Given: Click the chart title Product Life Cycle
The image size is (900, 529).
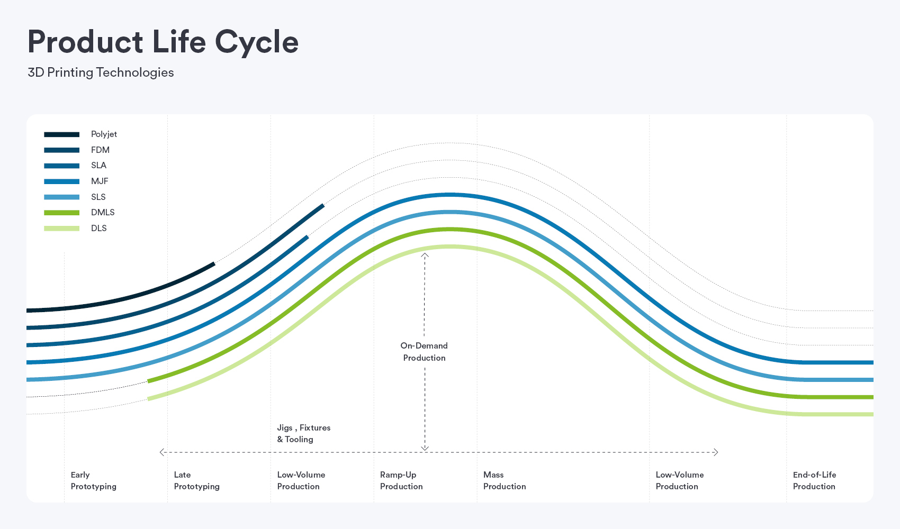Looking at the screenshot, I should (163, 42).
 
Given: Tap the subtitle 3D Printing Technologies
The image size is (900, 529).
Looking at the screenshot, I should (101, 72).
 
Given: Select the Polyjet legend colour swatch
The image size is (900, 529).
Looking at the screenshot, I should (61, 134).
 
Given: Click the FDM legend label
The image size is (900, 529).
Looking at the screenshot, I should (100, 150).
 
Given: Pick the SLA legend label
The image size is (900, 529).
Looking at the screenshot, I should (98, 166).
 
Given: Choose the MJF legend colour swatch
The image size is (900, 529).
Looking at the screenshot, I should (61, 181).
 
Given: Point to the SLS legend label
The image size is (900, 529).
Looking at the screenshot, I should (98, 197).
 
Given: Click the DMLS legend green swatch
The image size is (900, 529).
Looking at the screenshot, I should (61, 213).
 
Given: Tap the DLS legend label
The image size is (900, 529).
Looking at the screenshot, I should (99, 228).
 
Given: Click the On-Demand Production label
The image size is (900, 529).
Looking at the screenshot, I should (424, 352).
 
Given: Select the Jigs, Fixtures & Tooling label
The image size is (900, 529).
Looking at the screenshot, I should (303, 433).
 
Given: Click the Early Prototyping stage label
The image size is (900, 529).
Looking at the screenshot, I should (93, 480).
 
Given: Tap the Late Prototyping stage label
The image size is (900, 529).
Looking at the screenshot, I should (196, 480).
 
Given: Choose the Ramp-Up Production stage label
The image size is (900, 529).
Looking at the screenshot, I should (401, 480).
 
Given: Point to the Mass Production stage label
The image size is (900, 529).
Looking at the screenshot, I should (505, 480).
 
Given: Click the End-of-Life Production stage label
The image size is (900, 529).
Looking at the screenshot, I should (814, 480).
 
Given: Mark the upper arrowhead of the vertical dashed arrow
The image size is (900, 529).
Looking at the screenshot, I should (425, 255).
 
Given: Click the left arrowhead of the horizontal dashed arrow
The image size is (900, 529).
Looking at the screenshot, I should (162, 452).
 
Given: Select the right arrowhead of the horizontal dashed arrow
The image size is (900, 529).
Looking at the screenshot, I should (716, 452).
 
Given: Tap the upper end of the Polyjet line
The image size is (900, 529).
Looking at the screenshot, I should (213, 264).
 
